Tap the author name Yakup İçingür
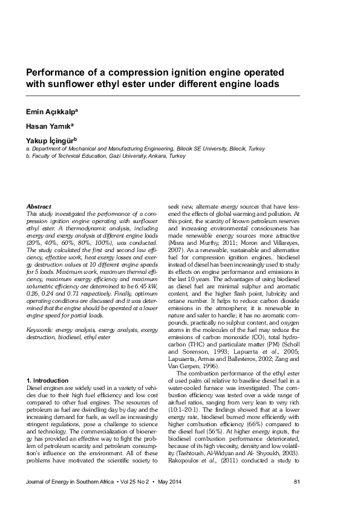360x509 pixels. (x=51, y=140)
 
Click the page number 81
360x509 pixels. (x=296, y=481)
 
